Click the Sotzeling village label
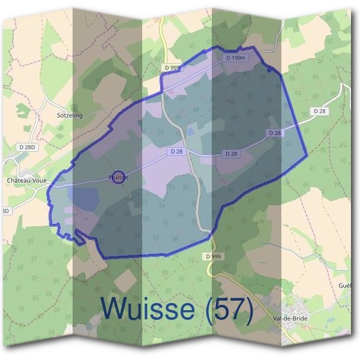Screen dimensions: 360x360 tap(69, 115)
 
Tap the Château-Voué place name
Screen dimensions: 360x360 tap(26, 179)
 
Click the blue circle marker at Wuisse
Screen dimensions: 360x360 tap(119, 177)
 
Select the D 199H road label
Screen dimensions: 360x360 tap(237, 58)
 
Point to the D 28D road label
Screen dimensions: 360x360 tap(28, 147)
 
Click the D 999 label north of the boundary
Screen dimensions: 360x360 tap(172, 68)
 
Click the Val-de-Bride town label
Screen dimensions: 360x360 tap(290, 319)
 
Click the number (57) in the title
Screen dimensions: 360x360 tap(227, 308)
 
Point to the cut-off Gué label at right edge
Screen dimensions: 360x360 tap(344, 285)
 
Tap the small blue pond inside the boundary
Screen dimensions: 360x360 tap(190, 131)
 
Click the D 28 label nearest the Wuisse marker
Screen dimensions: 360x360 tap(176, 152)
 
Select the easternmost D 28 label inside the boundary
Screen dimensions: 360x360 tap(275, 133)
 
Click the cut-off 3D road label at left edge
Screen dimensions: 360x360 tap(5, 211)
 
